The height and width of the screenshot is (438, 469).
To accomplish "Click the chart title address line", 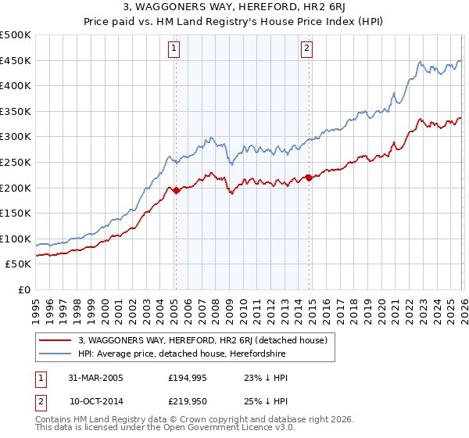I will point(234,8).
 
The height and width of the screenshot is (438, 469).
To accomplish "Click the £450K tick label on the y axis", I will point(16,61).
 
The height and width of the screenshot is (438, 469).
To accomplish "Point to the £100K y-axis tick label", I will point(16,239).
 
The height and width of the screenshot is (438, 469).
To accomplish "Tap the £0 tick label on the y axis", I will point(23,289).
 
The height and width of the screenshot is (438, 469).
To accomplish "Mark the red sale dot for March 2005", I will point(176,189).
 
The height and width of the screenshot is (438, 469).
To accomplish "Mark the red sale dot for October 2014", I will point(309,178).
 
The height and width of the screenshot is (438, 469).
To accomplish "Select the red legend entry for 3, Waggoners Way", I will point(207,340).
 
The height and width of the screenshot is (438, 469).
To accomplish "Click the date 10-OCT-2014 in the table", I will point(96,401).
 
